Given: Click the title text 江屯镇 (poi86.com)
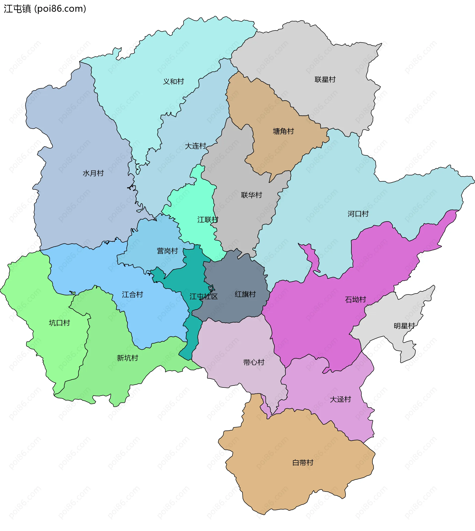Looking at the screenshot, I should [45, 9].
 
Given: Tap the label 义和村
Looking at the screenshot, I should [174, 81].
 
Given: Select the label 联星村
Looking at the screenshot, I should [325, 79].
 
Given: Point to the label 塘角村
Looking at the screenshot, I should [284, 131].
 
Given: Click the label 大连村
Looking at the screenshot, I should [195, 146].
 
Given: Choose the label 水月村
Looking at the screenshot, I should [93, 173].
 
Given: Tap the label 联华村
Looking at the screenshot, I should [252, 195].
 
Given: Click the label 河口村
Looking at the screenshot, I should [358, 214].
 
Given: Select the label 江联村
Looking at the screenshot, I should [208, 219].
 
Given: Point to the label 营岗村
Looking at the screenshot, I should [167, 251].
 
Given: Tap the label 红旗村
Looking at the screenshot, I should [245, 294].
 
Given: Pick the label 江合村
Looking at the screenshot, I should [133, 294].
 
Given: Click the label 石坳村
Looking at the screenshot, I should [356, 299].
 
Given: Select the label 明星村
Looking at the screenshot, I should [404, 326].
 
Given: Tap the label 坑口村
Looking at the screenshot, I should [60, 323].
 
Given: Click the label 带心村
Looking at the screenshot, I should [254, 362].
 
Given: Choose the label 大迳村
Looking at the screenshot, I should [340, 399].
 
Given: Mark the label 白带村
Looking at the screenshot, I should [303, 463].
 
